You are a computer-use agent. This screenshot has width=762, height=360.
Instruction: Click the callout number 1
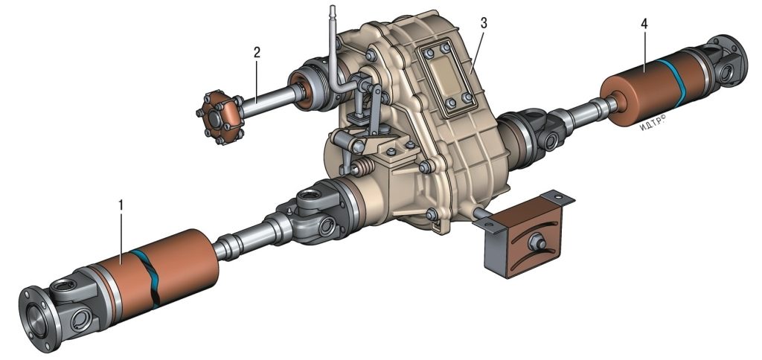pos(121,205)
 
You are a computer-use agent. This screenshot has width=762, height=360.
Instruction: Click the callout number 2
pos(257,53)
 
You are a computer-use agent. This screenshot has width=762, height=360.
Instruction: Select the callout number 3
pos(483,23)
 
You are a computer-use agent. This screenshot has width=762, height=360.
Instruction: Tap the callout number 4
pos(644,25)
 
